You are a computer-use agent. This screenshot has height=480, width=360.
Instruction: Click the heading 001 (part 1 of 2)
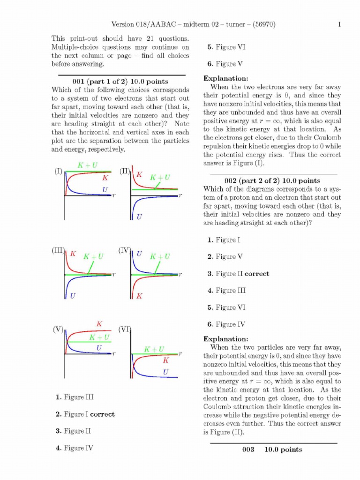(120, 82)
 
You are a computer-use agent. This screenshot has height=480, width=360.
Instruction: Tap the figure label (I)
(58, 171)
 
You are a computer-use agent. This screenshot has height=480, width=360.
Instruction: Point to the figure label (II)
(125, 171)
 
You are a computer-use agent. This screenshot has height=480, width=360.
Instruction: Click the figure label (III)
(58, 250)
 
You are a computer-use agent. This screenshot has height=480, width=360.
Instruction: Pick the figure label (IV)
(125, 250)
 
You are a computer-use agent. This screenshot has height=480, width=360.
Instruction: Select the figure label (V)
(58, 329)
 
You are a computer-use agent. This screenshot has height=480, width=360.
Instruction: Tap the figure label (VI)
(125, 329)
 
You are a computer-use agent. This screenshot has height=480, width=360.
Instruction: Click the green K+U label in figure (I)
(88, 165)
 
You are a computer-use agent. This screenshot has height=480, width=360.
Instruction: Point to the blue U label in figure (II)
(139, 217)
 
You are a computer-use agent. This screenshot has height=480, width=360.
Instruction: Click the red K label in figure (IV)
(139, 296)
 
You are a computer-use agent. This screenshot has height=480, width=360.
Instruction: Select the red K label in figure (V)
(99, 324)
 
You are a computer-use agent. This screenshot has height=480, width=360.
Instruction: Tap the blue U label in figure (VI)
(165, 372)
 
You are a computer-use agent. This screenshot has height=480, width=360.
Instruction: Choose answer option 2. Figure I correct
(85, 414)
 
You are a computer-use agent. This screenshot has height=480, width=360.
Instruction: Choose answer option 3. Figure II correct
(239, 274)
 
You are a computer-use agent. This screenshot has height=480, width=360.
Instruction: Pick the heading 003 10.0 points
(272, 450)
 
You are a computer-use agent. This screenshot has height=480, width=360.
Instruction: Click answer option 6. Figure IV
(225, 324)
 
